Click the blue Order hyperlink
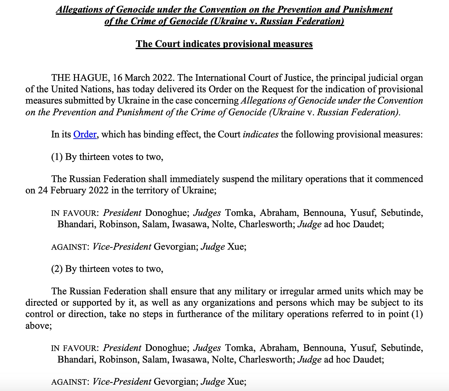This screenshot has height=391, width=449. click(x=85, y=134)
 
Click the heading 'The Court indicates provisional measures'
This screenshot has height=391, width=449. click(x=224, y=44)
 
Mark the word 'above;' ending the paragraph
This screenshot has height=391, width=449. click(x=39, y=325)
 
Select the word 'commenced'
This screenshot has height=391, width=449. click(x=399, y=179)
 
